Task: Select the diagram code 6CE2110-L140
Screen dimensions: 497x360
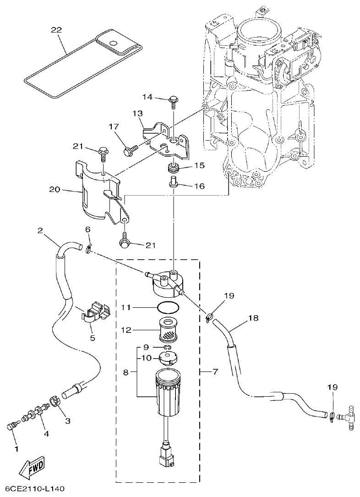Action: pos(33,489)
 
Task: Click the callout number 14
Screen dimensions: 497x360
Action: pos(147,97)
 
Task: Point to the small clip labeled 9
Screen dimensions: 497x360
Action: pos(167,350)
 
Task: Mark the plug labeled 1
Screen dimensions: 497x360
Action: pos(11,427)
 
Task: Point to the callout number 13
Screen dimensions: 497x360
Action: pos(138,113)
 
